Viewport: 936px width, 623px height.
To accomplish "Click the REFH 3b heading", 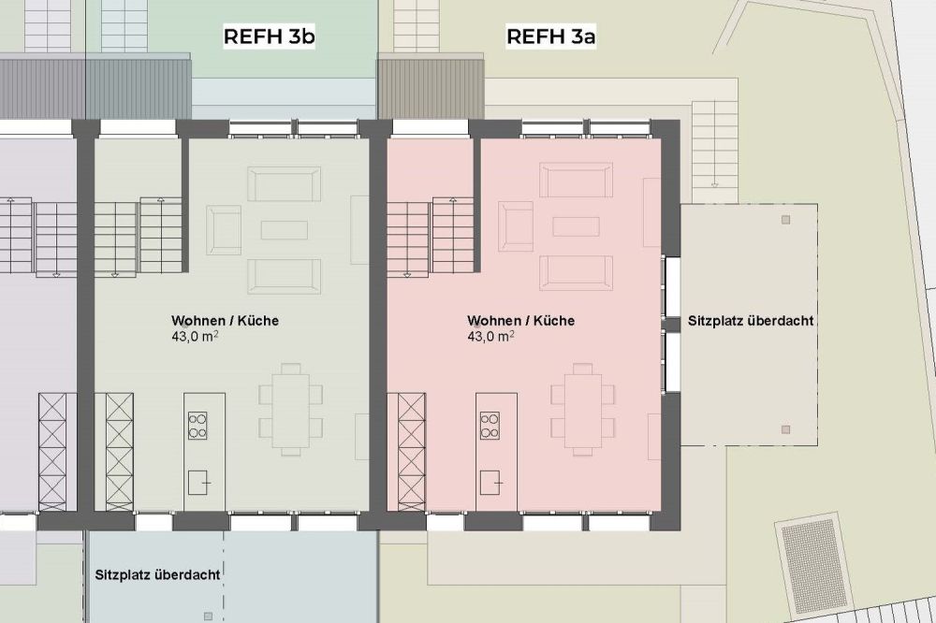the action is coord(270,36).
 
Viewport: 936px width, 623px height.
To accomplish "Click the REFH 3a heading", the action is coord(551,36).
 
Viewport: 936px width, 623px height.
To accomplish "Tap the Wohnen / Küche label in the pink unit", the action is coord(521,321).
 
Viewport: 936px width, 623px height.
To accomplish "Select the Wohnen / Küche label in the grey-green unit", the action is coord(225,321).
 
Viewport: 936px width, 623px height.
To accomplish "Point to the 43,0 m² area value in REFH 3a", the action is coord(490,337).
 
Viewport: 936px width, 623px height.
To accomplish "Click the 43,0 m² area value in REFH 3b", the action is coord(195,337).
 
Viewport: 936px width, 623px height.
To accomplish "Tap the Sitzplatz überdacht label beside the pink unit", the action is coord(751,321).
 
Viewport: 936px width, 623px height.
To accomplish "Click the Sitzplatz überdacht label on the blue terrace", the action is coord(157,574).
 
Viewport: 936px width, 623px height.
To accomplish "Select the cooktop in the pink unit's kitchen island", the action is coord(490,426).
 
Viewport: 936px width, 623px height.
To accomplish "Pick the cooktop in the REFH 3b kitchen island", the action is coord(197,426).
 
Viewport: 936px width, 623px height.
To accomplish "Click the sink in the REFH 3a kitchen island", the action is coord(490,482).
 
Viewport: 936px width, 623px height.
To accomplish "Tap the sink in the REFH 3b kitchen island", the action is coord(197,482).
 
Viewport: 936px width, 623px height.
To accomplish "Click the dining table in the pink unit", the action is coord(582,411).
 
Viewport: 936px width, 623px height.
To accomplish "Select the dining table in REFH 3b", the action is coord(291,411).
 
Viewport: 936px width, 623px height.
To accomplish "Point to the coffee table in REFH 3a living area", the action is coord(576,226).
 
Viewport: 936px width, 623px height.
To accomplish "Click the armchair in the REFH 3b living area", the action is coord(224,230).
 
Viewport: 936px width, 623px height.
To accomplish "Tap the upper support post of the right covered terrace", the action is coord(785,220).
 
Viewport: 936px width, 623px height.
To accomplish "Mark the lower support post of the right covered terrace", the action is coord(785,429).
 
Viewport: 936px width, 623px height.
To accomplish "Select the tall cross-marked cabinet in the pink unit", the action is coord(411,452).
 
